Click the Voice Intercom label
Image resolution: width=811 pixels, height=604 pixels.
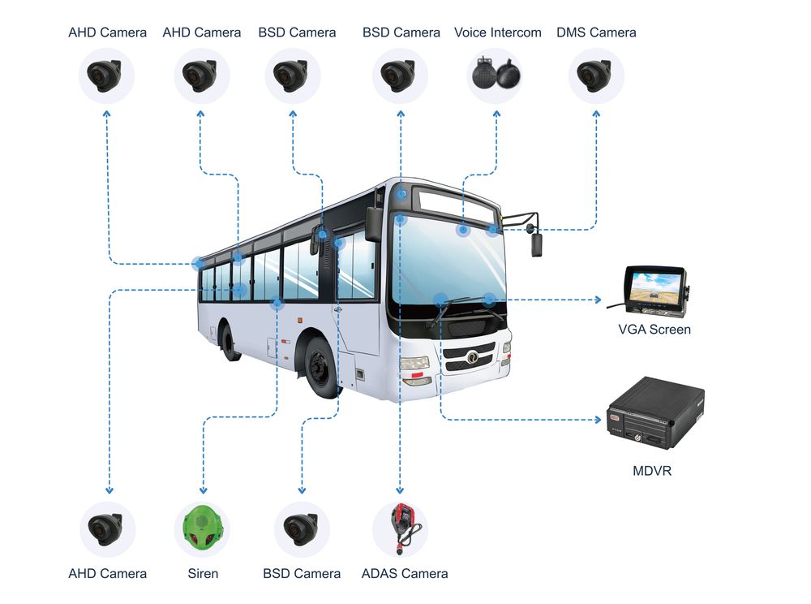pyautogui.click(x=497, y=32)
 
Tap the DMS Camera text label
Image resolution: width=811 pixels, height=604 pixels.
pyautogui.click(x=596, y=32)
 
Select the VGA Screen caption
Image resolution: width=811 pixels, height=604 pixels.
pyautogui.click(x=654, y=330)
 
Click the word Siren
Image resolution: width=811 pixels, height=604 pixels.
pyautogui.click(x=202, y=573)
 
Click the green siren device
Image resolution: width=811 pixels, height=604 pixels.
pyautogui.click(x=201, y=529)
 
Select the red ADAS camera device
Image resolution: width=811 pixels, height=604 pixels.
pyautogui.click(x=401, y=526)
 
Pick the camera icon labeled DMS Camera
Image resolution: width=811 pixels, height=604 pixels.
pyautogui.click(x=595, y=75)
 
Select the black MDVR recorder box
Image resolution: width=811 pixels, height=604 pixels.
pyautogui.click(x=655, y=412)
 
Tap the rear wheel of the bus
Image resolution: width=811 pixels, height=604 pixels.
pyautogui.click(x=229, y=342)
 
